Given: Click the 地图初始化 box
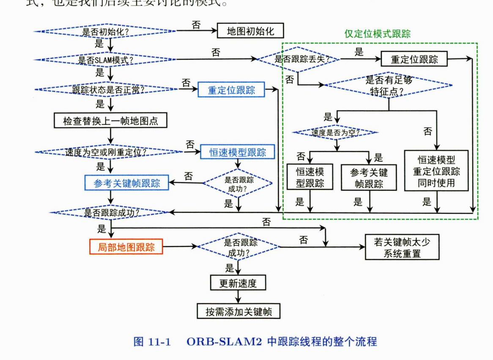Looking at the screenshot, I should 250,31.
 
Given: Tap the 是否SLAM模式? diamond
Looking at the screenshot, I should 105,60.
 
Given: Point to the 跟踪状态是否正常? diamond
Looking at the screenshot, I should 108,89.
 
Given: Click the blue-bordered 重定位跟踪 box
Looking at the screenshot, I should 231,90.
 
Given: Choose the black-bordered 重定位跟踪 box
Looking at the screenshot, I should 414,59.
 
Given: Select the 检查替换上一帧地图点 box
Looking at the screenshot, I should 111,121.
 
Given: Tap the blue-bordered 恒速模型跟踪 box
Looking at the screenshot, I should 238,152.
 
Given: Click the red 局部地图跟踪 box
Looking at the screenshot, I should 126,247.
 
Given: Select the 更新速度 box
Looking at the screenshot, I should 238,283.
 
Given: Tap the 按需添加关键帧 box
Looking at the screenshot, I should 238,312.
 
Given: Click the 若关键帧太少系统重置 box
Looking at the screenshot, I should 402,247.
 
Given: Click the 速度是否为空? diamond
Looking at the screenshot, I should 336,132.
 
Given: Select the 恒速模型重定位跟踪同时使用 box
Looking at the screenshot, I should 436,171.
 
